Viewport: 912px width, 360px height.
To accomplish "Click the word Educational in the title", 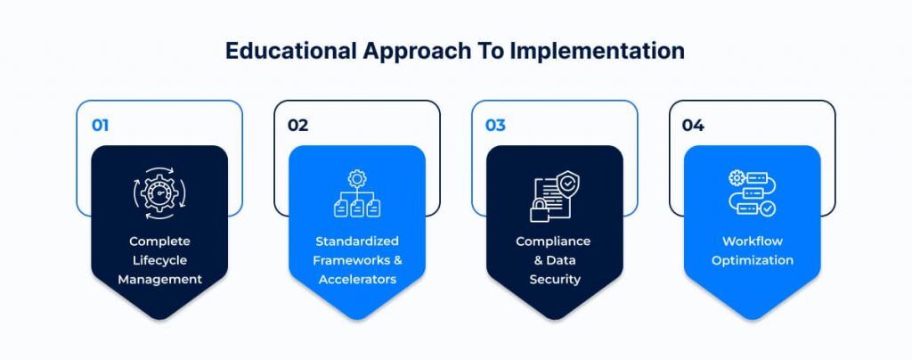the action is [291, 51].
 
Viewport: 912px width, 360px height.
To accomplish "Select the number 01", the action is [100, 125].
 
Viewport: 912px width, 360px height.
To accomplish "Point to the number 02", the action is [297, 125].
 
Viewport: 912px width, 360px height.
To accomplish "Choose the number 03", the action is [495, 125].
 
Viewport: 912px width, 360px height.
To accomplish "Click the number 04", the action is [693, 125].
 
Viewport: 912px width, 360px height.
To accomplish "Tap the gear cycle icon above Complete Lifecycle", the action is [160, 193].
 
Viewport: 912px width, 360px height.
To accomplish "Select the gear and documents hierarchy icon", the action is [357, 193].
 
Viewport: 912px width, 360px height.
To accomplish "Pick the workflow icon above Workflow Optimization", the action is [752, 193].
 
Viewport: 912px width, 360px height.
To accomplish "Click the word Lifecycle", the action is [159, 260].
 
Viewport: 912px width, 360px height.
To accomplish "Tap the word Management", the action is [160, 279].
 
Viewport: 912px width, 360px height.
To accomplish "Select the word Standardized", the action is [357, 241].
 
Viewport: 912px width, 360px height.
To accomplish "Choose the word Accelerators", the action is [357, 279].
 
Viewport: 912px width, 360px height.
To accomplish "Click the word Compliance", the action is [553, 241].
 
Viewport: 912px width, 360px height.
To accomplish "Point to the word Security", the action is [555, 279].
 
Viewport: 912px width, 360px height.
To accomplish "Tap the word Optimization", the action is [752, 260].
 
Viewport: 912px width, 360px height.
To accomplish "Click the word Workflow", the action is [752, 241].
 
